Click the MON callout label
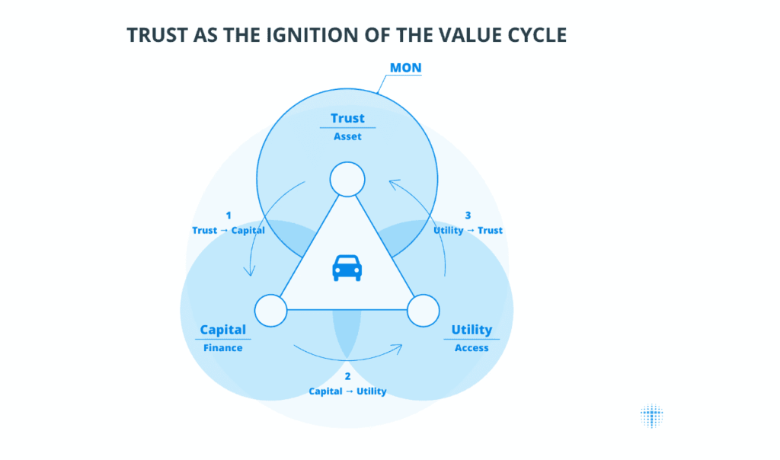point(405,69)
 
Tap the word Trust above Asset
point(347,118)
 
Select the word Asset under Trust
point(347,137)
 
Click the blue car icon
point(347,268)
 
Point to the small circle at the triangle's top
point(347,180)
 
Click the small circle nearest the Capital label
point(270,310)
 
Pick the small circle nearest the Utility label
point(424,310)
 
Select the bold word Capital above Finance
point(223,330)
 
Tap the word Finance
point(223,348)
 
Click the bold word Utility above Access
point(472,330)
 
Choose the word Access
point(472,348)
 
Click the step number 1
point(228,216)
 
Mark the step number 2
point(347,376)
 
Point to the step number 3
point(468,216)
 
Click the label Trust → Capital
point(228,230)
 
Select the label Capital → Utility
point(347,391)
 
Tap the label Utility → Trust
point(468,230)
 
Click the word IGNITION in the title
point(293,35)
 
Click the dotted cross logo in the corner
point(651,416)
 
